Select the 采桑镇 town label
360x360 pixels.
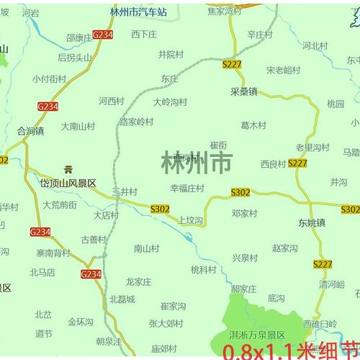point(244,93)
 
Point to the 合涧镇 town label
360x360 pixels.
point(30,131)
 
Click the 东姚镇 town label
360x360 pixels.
point(312,222)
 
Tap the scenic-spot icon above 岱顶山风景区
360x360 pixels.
point(68,170)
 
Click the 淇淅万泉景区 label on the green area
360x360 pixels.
point(258,336)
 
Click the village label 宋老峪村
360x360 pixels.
point(283,70)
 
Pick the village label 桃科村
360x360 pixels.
point(204,269)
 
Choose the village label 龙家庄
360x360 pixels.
point(140,282)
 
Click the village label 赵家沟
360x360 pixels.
point(285,248)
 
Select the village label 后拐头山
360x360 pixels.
point(75,58)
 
